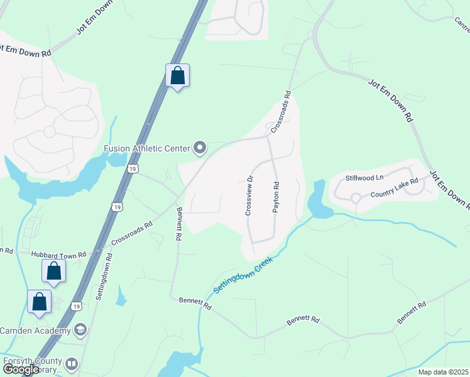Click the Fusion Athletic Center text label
click(146, 148)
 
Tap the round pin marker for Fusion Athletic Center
click(200, 148)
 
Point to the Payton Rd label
click(275, 197)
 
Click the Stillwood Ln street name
click(364, 178)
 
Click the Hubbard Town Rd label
click(59, 255)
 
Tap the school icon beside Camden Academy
click(80, 330)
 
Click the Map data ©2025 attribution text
click(443, 372)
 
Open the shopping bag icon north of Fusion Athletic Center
click(178, 75)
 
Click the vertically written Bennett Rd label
click(178, 224)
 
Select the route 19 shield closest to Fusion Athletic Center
click(132, 168)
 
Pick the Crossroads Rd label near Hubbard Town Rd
click(132, 233)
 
